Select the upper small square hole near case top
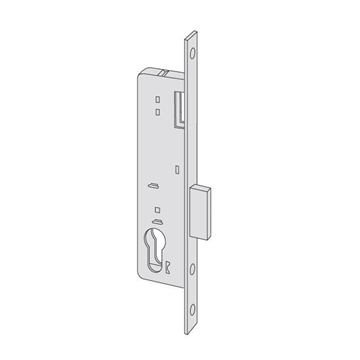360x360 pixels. point(157,100)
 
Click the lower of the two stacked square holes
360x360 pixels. point(157,112)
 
